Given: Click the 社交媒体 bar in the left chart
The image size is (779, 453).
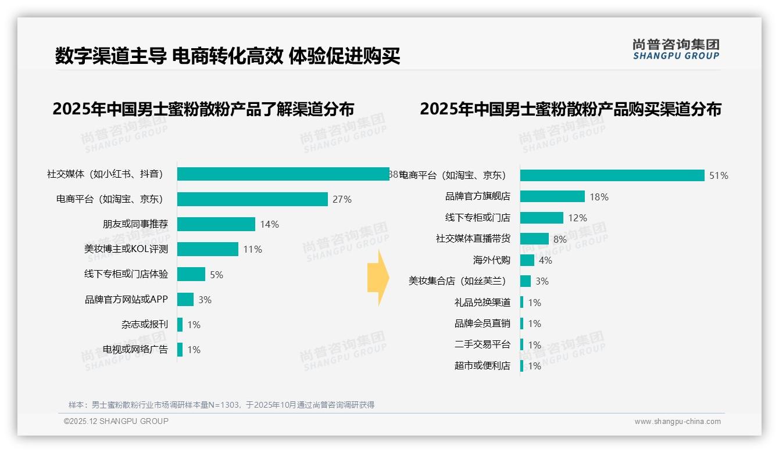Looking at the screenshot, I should [x=283, y=174].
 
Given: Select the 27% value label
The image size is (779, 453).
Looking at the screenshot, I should [x=342, y=199].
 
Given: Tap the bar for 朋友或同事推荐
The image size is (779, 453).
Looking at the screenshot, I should [x=216, y=224].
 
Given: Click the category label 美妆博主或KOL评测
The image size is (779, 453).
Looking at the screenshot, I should [x=126, y=249].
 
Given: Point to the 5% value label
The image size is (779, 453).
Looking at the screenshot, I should [x=216, y=275].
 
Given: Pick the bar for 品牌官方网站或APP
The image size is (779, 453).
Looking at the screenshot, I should [x=185, y=300].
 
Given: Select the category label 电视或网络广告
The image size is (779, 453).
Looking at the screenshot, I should [x=135, y=350].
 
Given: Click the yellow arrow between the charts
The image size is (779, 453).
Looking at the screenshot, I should [x=378, y=278].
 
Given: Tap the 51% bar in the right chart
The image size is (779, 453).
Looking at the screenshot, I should [x=612, y=175].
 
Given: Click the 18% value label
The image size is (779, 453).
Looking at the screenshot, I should [x=599, y=197].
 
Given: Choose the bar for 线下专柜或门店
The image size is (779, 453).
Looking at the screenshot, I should [x=542, y=218].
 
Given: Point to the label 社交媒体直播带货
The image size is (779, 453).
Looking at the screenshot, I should [x=473, y=239].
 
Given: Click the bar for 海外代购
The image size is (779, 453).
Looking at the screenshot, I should [x=527, y=260].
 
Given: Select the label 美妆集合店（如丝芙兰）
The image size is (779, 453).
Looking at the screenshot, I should [x=458, y=281].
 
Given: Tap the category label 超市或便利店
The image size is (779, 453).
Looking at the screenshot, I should [x=483, y=366].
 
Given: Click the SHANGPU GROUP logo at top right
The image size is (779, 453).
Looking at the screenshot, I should [x=676, y=49].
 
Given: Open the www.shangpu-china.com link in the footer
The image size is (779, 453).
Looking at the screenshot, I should [x=677, y=422].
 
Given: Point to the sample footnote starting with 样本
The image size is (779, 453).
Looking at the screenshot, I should [x=221, y=405].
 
